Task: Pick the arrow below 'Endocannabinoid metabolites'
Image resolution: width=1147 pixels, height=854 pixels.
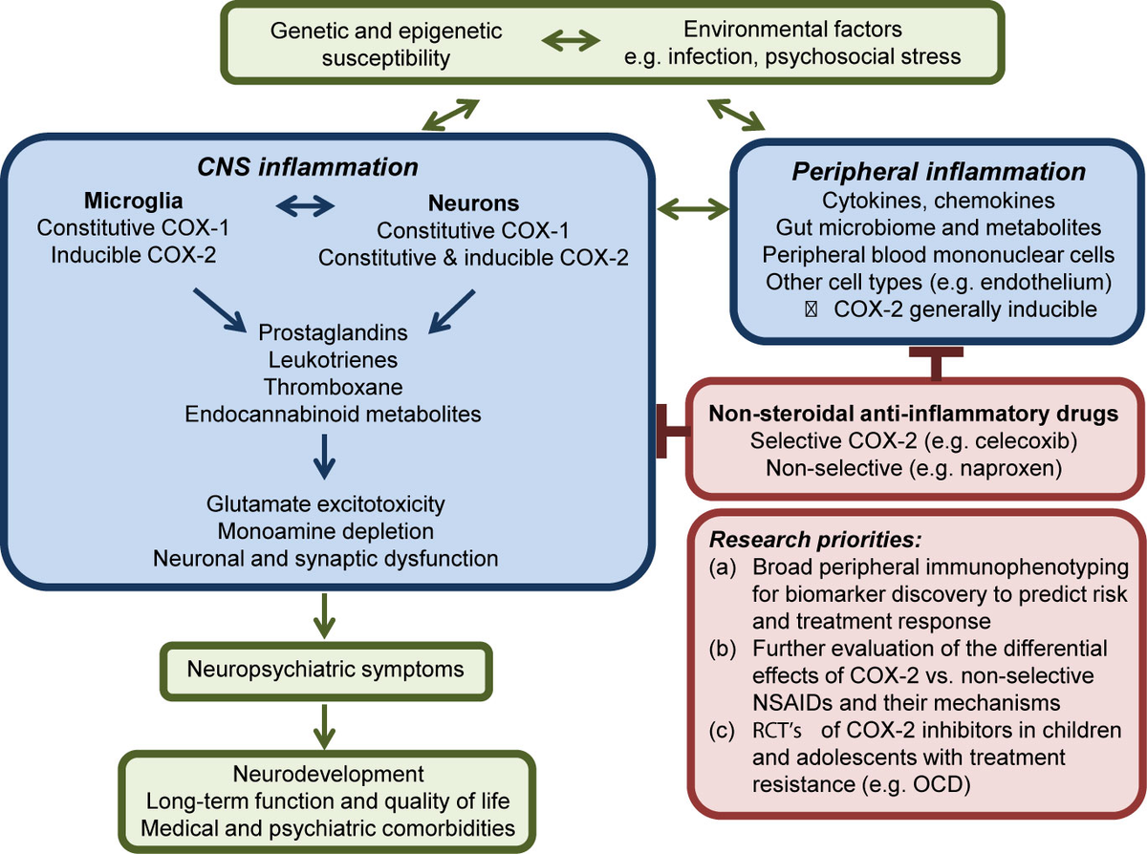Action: point(325,457)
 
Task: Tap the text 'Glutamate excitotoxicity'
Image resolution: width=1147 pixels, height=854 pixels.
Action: point(325,503)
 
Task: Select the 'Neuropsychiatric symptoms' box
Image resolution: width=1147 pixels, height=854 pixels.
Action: point(325,668)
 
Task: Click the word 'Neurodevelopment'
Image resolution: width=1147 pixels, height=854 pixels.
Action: point(327,772)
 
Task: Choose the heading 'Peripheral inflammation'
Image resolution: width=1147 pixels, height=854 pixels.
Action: point(937,172)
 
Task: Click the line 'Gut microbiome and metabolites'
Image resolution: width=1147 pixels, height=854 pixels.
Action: point(937,228)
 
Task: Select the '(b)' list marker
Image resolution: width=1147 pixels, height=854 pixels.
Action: point(723,650)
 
